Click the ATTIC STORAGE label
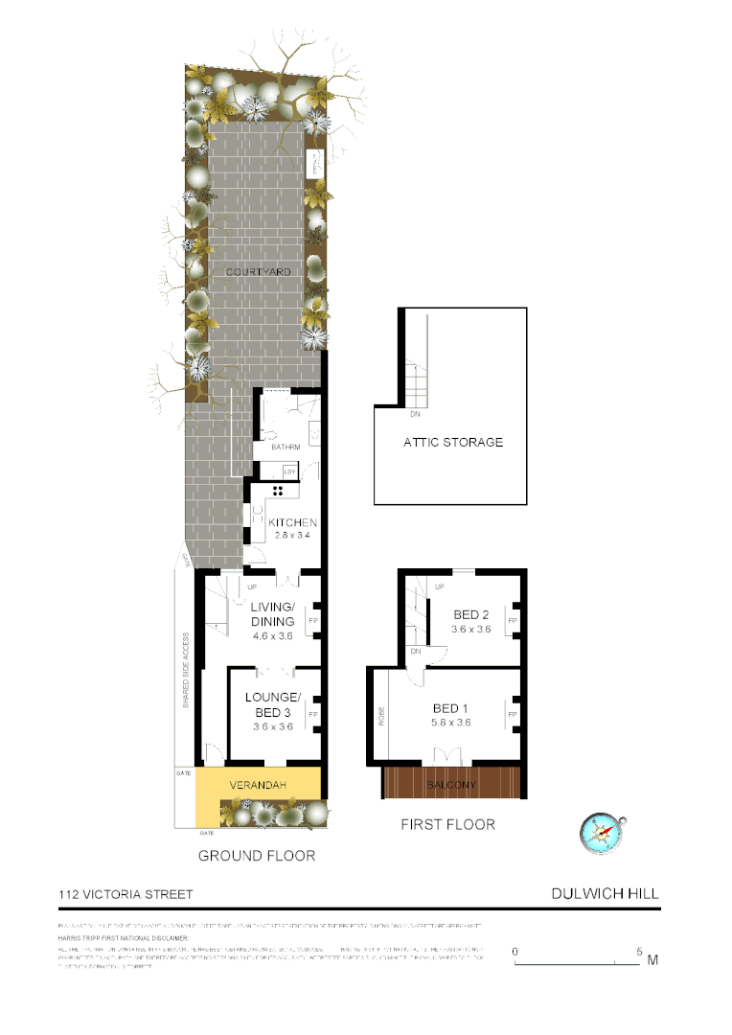453,442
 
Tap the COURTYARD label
258,272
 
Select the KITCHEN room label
292,522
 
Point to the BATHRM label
286,448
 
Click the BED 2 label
470,614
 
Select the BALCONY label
450,786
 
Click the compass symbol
602,832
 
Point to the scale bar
577,960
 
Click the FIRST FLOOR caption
448,824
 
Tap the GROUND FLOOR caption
256,855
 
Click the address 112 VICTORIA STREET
126,894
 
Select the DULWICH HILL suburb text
605,893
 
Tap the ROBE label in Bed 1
380,715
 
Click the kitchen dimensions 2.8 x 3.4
291,536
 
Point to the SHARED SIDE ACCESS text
186,670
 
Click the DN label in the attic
415,415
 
